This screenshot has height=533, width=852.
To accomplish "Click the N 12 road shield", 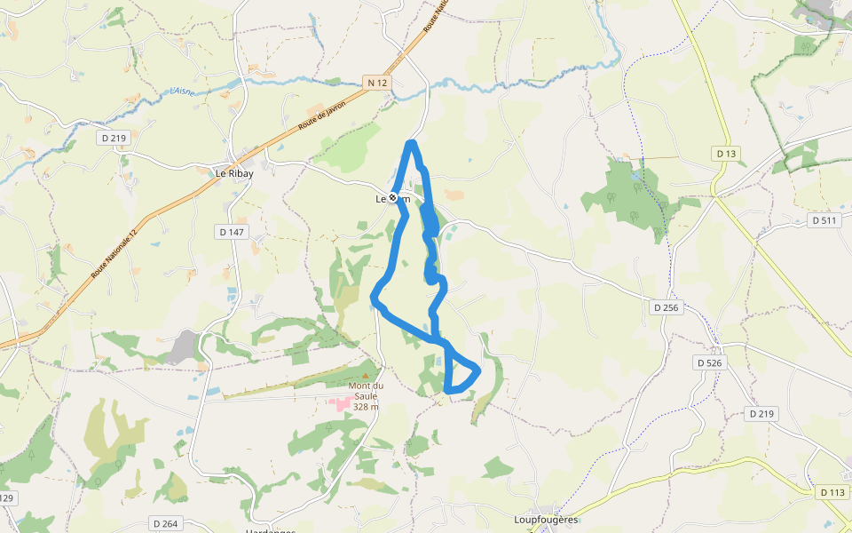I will coord(377,83).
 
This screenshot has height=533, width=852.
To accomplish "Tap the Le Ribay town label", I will coord(234,174).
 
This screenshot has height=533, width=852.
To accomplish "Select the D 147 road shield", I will coord(233,231).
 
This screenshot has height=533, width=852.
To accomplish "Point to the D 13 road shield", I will coord(726,154).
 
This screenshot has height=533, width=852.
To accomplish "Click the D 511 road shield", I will coord(824,220).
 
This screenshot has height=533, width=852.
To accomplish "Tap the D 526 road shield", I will coord(709,362).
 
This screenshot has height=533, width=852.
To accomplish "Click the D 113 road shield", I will coord(832,492).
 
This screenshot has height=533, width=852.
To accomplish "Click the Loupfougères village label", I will coord(546,520).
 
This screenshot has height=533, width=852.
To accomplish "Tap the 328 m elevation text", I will coord(366,407).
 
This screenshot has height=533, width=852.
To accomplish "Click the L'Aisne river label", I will coord(181,91).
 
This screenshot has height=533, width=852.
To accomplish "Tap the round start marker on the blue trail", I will coord(393,198).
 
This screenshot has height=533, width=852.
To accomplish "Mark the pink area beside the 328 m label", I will coord(340,404).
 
